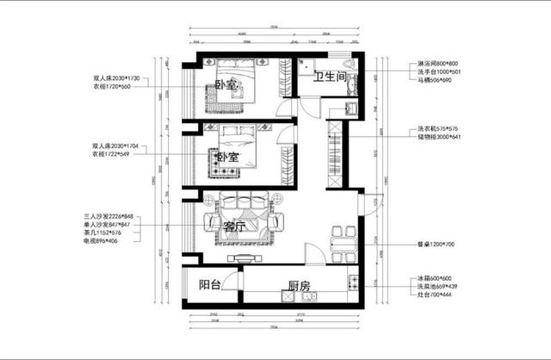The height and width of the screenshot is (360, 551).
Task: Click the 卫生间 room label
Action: coord(329,78)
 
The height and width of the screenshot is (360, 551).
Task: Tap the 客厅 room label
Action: coord(234,227)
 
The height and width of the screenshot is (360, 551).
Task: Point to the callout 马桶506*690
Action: coord(435,79)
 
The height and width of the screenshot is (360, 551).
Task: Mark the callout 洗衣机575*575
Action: coord(439,129)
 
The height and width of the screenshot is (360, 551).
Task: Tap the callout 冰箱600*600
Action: coord(435,279)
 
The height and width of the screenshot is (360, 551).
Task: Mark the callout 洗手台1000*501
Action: coord(440,71)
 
